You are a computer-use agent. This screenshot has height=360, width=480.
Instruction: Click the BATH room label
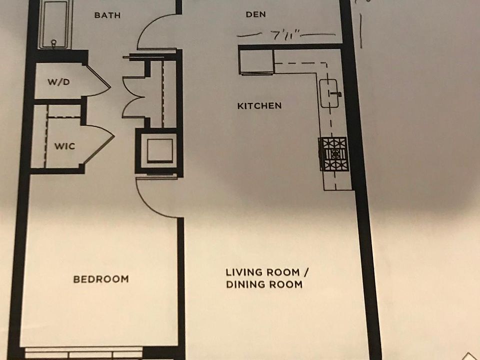pos(107,15)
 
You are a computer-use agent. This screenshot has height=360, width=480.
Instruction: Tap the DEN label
pos(255,14)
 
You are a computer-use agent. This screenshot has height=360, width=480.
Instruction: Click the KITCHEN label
pos(259,106)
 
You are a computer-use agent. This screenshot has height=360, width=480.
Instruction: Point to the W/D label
pos(58,81)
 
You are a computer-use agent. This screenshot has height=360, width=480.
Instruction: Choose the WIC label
pos(64,146)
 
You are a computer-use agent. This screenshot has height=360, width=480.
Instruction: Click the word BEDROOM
pos(101,279)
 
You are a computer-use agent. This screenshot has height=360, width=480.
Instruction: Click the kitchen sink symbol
pos(329,93)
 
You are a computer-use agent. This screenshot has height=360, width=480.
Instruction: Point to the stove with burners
pos(333,154)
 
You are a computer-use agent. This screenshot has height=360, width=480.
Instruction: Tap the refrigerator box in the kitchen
pos(256,62)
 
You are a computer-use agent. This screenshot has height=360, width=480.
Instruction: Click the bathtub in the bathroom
pos(55,24)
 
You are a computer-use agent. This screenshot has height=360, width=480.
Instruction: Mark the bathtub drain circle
pos(54,42)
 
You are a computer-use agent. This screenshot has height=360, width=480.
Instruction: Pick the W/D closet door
pos(98,80)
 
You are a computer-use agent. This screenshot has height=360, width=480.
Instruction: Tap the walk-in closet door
pos(101,144)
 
